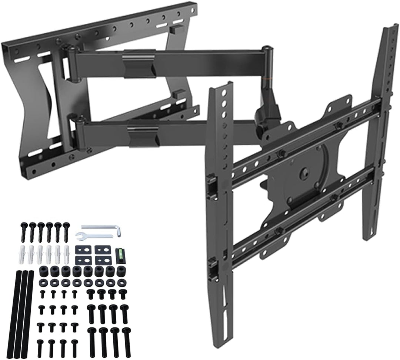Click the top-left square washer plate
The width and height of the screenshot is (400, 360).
tap(81, 250)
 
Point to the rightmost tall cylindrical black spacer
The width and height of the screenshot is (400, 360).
tap(120, 271)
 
